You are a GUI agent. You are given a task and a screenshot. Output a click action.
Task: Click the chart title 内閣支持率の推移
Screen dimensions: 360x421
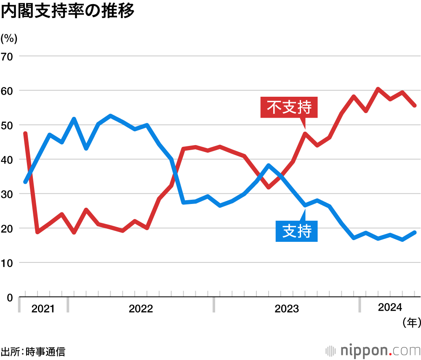click(67, 12)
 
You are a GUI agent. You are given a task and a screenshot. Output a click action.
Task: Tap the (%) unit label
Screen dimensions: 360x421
click(9, 39)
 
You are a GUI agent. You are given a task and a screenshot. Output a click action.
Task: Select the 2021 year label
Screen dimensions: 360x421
click(43, 309)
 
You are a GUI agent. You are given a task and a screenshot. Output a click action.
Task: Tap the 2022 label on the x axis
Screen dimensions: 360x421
click(141, 309)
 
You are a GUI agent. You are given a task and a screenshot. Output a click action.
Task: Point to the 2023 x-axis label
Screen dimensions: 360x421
click(287, 309)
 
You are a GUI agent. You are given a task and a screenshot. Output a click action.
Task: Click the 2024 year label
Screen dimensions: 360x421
click(390, 308)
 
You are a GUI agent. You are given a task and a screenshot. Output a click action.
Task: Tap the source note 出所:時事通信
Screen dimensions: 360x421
click(33, 351)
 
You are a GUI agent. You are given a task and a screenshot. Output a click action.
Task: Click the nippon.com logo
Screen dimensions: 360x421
click(373, 350)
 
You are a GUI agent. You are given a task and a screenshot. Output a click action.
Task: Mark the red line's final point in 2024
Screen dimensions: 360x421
click(415, 106)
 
